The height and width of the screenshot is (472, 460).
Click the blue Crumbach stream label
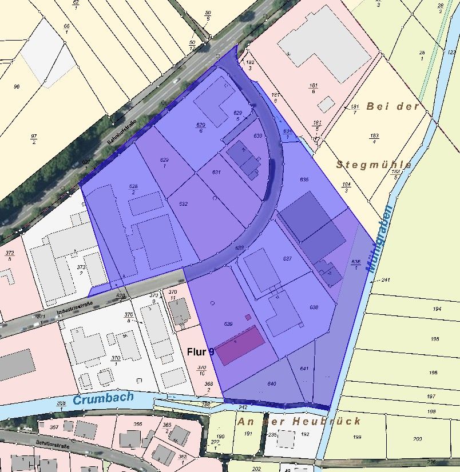tap(103, 398)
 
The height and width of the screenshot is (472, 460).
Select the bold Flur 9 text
tap(200, 352)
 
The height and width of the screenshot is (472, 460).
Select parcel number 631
tap(216, 172)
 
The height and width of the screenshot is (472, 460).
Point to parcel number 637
tap(287, 259)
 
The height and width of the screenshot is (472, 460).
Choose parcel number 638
tap(314, 307)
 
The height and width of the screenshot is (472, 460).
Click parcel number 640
tap(272, 383)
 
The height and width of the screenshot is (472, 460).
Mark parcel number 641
tap(304, 368)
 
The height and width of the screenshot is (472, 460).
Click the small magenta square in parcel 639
tap(248, 317)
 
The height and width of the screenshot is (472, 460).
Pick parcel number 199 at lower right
tap(358, 438)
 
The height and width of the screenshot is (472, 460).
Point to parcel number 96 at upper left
tap(17, 86)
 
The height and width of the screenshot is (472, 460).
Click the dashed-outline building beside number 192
tap(285, 439)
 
